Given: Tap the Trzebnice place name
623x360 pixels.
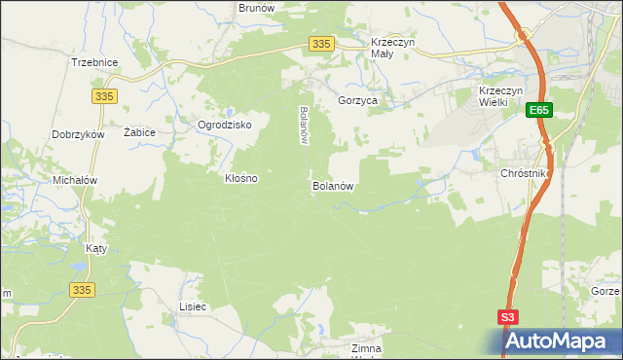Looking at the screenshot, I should coord(94,62).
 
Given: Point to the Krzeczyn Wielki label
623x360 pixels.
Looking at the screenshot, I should coord(502,97).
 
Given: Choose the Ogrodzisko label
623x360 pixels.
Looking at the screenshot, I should coord(225,126).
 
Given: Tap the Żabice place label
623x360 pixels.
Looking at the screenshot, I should coord(140,131).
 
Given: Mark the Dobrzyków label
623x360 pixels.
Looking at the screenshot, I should coord(79,135).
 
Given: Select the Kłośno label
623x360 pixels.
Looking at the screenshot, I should coord(241,179).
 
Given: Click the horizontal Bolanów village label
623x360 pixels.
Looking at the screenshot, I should coord(332,185).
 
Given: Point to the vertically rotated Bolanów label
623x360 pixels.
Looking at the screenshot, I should coord(304,125).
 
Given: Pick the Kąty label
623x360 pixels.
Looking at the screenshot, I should coord(96,248).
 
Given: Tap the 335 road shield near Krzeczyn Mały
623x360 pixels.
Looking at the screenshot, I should coord(323,44).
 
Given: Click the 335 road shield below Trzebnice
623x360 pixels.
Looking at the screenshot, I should coord(105,95).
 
